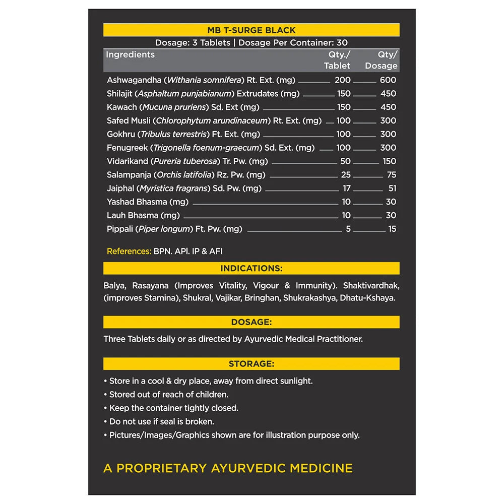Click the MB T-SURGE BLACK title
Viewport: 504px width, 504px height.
[x=251, y=30]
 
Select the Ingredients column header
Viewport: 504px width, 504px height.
[x=130, y=54]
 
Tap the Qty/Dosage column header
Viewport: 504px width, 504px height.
[x=382, y=60]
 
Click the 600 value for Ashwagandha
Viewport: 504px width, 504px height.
[x=388, y=80]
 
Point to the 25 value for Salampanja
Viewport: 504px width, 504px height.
[x=345, y=175]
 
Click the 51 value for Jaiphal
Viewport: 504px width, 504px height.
[x=392, y=188]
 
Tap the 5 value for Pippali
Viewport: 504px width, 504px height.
[x=348, y=229]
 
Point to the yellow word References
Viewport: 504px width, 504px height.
[x=129, y=251]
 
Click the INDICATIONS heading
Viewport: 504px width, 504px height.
[x=251, y=269]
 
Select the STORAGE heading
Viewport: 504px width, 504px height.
[x=251, y=363]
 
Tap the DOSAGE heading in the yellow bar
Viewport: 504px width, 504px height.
[x=251, y=322]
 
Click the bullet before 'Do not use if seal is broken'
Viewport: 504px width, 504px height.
[x=105, y=421]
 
